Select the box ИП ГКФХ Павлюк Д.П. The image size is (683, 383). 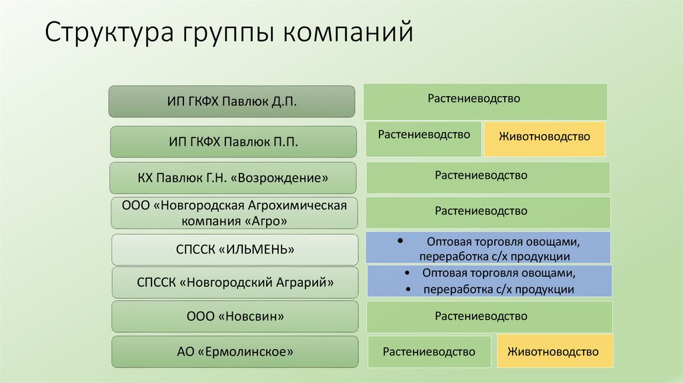pos(232,102)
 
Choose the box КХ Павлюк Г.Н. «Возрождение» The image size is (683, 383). pos(233,178)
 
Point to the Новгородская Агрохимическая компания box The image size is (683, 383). pos(233,213)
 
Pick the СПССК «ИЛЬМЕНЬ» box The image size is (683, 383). pos(233,250)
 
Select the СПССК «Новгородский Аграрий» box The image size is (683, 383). pos(233,282)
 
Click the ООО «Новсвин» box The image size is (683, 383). pos(233,316)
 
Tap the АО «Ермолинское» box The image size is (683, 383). pos(233,351)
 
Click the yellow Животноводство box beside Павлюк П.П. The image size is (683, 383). pos(544,137)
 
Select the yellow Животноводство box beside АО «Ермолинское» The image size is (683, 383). pos(554,352)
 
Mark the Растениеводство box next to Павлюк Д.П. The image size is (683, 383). pos(485,101)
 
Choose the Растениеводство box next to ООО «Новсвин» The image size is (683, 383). pos(490,316)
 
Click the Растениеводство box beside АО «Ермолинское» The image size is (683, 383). pos(429,352)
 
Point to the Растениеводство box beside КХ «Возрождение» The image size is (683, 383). pos(488,177)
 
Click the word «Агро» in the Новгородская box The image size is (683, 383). pos(267,220)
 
